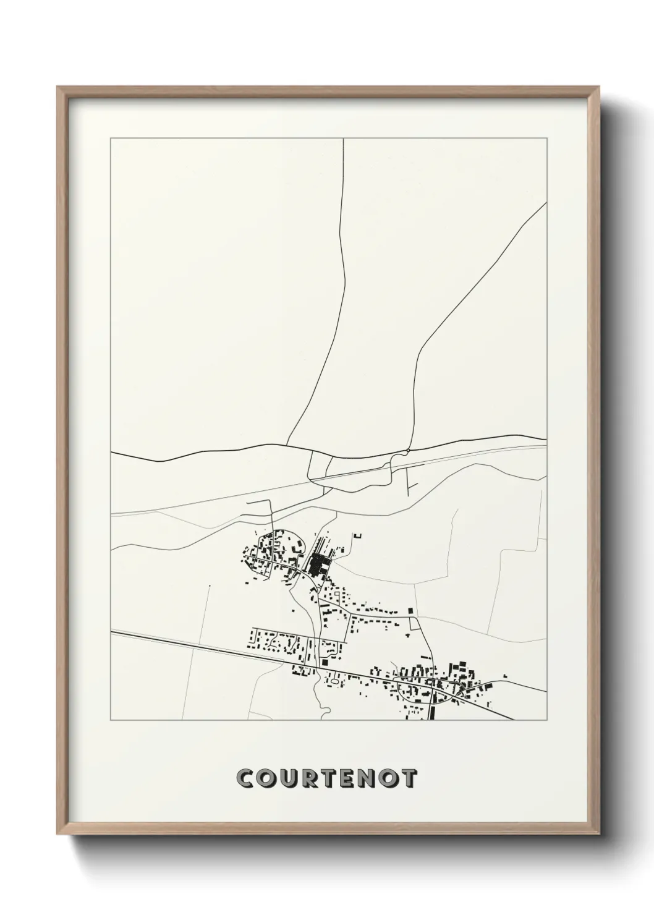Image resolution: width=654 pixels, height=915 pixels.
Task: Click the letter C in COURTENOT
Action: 246,779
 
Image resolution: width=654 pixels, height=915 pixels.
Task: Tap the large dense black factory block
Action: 319,564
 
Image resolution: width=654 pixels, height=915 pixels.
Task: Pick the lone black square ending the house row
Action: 410,611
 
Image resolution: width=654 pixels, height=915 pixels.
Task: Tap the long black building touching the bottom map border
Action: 431,713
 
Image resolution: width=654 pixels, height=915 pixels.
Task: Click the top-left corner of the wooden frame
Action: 57,87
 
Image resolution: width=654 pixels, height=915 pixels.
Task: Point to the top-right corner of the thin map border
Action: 546,138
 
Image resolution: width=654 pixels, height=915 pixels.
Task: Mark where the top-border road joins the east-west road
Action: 291,445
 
